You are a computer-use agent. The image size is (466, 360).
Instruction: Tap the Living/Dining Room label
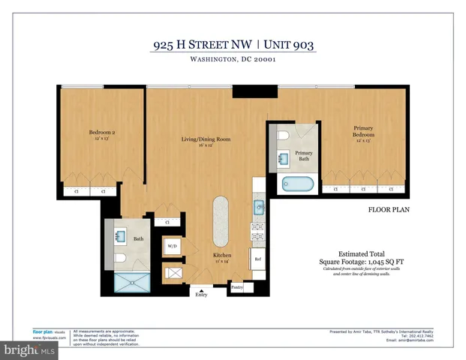(205, 139)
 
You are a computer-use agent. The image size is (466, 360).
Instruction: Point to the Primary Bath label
(303, 156)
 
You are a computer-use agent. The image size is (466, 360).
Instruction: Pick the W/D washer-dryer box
(172, 246)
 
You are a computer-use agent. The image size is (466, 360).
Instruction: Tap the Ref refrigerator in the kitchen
(257, 259)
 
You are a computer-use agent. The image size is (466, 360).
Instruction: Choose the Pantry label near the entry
(237, 286)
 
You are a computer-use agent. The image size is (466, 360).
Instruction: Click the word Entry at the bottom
(201, 295)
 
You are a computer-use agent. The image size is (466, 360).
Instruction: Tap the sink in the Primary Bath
(283, 159)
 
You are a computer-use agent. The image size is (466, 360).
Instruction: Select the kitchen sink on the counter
(258, 207)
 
